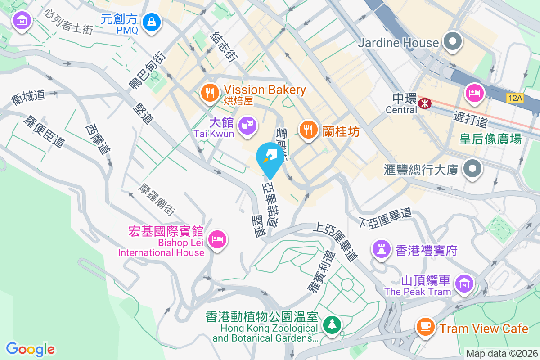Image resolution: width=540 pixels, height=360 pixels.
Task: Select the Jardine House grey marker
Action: click(x=452, y=43)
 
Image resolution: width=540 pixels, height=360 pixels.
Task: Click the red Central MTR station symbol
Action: click(x=424, y=103)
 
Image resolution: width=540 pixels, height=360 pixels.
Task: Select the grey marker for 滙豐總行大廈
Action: click(x=472, y=170)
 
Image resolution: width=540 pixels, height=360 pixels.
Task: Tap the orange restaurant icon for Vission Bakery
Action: click(x=208, y=93)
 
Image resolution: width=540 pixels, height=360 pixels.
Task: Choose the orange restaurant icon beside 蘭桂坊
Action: click(x=308, y=130)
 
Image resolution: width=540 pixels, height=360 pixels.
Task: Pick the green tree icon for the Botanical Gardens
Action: click(x=332, y=324)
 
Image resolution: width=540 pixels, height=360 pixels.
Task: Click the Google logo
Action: click(x=30, y=349)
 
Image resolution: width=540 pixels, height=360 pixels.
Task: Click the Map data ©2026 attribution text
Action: click(x=501, y=353)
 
